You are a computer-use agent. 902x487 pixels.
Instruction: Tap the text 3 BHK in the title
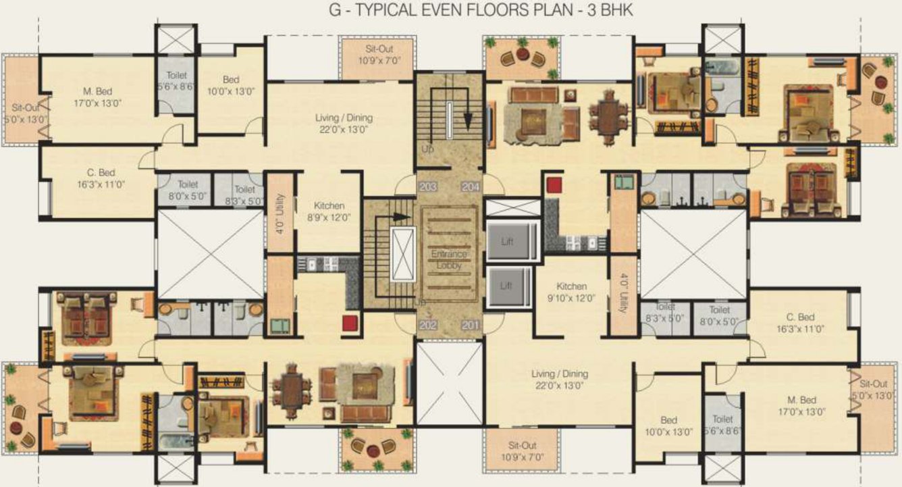coord(611,11)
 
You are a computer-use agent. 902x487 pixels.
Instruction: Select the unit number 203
coord(427,187)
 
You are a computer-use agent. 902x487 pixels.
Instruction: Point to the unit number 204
coord(471,187)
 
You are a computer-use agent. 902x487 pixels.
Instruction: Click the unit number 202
coord(427,326)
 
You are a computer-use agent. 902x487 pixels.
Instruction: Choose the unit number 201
coord(471,326)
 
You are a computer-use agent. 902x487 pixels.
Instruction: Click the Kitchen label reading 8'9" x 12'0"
coord(329,211)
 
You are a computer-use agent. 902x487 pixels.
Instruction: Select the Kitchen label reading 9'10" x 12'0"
coord(571,292)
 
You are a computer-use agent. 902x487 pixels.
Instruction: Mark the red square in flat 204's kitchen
coord(554,184)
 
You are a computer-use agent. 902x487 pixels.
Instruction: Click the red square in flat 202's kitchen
coord(349,322)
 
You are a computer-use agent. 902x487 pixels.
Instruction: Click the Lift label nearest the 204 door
coord(507,240)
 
